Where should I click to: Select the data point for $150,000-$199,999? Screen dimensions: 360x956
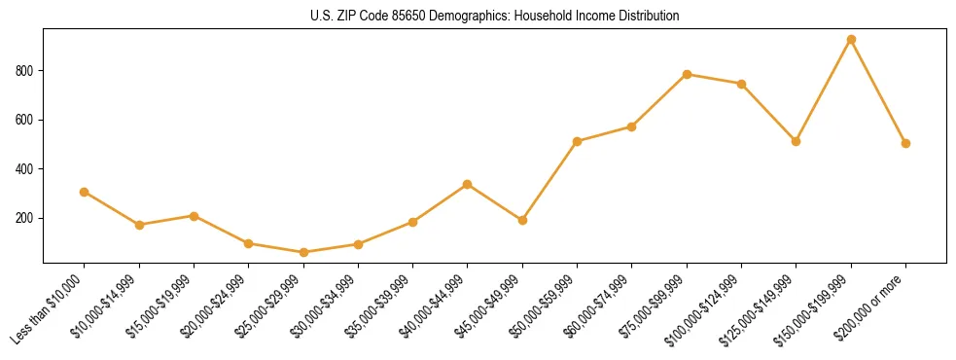pyautogui.click(x=851, y=40)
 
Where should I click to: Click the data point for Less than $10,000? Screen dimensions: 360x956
pyautogui.click(x=85, y=192)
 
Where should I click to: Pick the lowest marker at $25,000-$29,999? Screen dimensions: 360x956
pyautogui.click(x=303, y=252)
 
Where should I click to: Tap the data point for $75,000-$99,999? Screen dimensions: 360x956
pyautogui.click(x=687, y=74)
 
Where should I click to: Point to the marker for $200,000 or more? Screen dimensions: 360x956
pyautogui.click(x=905, y=143)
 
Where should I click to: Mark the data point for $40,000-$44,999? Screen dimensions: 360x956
pyautogui.click(x=468, y=184)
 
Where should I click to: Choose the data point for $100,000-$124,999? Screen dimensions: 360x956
pyautogui.click(x=741, y=84)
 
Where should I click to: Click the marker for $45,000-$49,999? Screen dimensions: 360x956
pyautogui.click(x=522, y=220)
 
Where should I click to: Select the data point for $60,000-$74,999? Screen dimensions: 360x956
pyautogui.click(x=632, y=126)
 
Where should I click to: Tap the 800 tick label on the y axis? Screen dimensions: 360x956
pyautogui.click(x=25, y=71)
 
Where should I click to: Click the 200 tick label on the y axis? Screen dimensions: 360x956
pyautogui.click(x=25, y=218)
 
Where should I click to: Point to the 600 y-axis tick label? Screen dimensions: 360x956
pyautogui.click(x=25, y=120)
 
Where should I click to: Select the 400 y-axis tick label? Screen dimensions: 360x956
pyautogui.click(x=25, y=169)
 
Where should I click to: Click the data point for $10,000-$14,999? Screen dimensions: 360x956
pyautogui.click(x=139, y=225)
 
